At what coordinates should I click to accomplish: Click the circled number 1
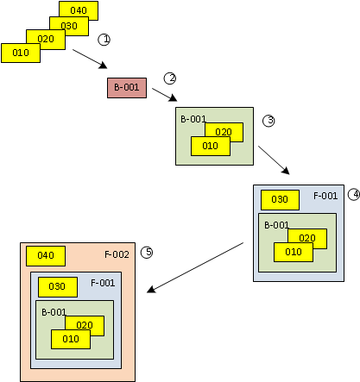(104, 40)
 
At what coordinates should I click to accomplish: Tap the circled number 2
(170, 78)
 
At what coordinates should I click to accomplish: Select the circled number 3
(268, 121)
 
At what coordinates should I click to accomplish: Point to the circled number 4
(354, 195)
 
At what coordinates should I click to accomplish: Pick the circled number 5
(147, 253)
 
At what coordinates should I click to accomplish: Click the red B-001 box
(127, 88)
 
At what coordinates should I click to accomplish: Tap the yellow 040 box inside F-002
(46, 256)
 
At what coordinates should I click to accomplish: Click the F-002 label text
(117, 254)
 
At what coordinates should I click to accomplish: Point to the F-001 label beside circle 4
(325, 196)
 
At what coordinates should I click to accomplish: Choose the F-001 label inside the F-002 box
(103, 283)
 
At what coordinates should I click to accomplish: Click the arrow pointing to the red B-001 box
(90, 59)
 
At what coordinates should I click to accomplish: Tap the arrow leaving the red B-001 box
(165, 95)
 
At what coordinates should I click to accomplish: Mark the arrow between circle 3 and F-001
(274, 160)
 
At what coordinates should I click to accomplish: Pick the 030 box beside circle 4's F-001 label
(280, 200)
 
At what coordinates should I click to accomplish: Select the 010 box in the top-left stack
(21, 53)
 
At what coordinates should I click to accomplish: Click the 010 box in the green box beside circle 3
(211, 147)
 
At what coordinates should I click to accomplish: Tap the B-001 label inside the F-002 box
(54, 312)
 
